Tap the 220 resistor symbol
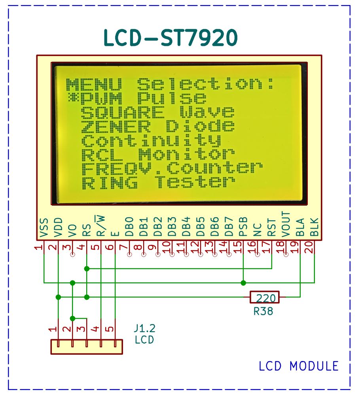tap(264, 297)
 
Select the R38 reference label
tap(263, 311)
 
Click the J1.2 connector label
tap(145, 329)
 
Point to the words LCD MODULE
tap(299, 366)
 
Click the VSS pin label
tap(44, 228)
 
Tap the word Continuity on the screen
tap(151, 140)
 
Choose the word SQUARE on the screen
tap(123, 112)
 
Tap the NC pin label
tap(258, 230)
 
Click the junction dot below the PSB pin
tap(243, 283)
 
